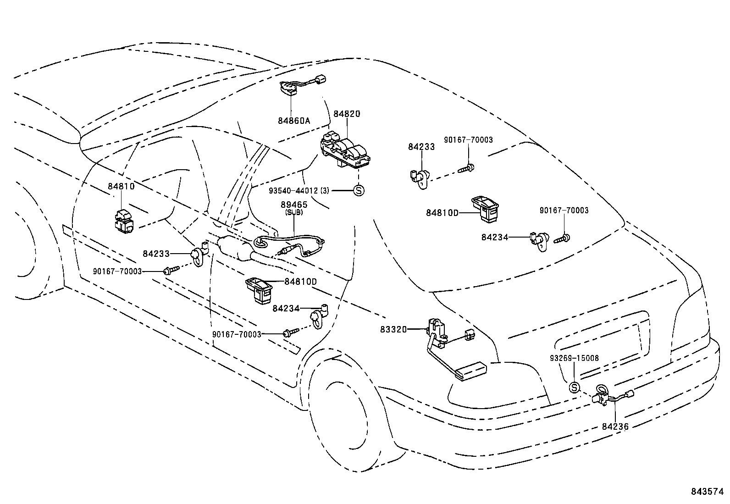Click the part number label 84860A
coord(293,121)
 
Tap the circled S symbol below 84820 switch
coord(359,190)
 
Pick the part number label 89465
coord(293,205)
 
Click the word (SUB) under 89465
coord(293,212)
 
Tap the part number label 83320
coord(393,329)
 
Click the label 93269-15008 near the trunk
coord(574,358)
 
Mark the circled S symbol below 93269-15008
coord(574,388)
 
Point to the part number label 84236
coord(615,426)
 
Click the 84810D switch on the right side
coord(486,209)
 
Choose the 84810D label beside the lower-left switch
coord(300,281)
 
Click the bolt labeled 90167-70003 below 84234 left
coord(290,332)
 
